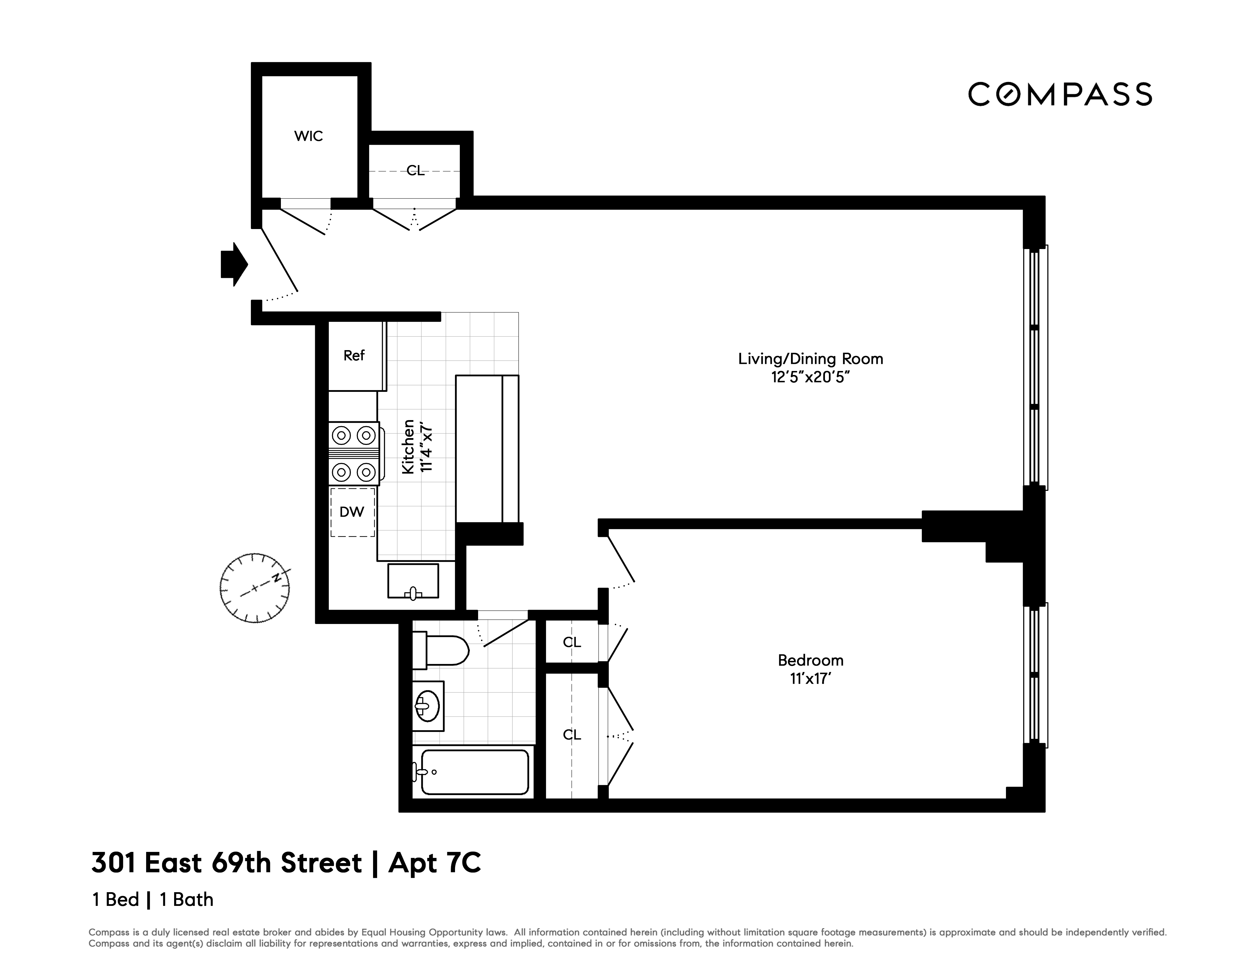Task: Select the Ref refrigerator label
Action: tap(354, 356)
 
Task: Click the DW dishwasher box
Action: tap(352, 512)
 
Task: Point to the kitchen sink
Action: tap(413, 581)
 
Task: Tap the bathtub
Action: tap(474, 772)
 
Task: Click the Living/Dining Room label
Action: tap(810, 359)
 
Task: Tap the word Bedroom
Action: tap(810, 660)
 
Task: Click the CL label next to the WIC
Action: tap(415, 170)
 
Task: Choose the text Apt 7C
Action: tap(435, 863)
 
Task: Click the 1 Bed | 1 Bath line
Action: tap(152, 900)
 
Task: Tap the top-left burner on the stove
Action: tap(342, 436)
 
